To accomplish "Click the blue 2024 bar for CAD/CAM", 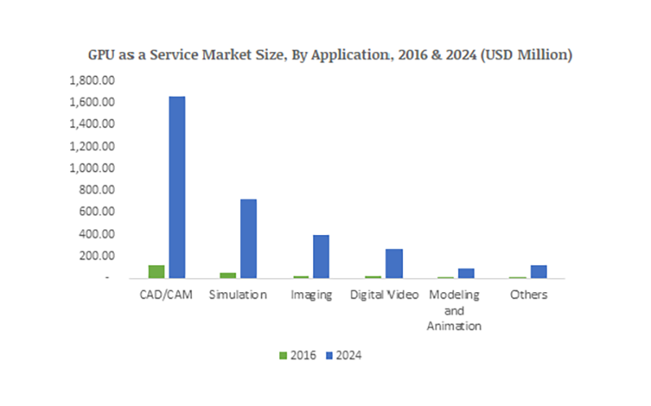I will pos(176,187).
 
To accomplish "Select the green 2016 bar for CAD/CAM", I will pos(157,272).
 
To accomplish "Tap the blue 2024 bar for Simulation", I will pos(248,238).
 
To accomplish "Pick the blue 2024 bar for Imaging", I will pos(321,256).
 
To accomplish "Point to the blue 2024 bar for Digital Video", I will pos(394,263).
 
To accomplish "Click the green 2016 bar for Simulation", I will pos(229,275).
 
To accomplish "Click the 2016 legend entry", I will pos(298,355).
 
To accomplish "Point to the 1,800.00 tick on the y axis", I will pos(95,81).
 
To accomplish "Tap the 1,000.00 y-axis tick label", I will pos(95,168).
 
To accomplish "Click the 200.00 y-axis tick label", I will pos(101,255).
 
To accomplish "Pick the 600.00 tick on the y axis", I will pos(101,212).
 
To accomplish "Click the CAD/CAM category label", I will pos(166,295).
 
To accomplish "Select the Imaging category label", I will pos(312,295).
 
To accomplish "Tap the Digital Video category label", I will pos(384,295).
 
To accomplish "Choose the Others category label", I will pos(528,295).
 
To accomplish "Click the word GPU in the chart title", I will pos(103,55).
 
